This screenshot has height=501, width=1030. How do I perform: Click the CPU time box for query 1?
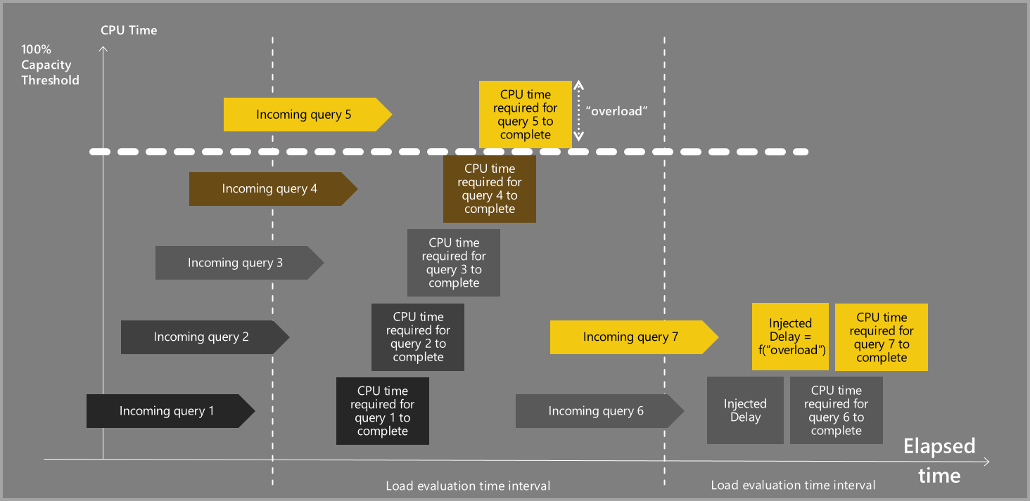click(383, 411)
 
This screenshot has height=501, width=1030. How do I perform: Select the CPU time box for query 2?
click(418, 337)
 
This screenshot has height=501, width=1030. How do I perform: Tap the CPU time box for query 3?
click(454, 263)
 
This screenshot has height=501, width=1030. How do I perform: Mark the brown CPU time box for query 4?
click(490, 189)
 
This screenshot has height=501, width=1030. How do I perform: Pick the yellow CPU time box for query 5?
click(526, 115)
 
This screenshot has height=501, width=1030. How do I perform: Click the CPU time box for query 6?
click(837, 410)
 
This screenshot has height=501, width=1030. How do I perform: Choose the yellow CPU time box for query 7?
click(882, 337)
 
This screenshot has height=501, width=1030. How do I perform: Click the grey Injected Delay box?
click(745, 410)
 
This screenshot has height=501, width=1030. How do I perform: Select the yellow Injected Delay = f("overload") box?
click(790, 337)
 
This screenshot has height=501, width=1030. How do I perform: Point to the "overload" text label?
click(616, 112)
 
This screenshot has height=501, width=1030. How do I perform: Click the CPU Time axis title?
click(129, 30)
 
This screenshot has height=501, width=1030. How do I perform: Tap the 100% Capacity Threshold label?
click(50, 65)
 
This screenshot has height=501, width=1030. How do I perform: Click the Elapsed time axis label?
click(939, 461)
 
